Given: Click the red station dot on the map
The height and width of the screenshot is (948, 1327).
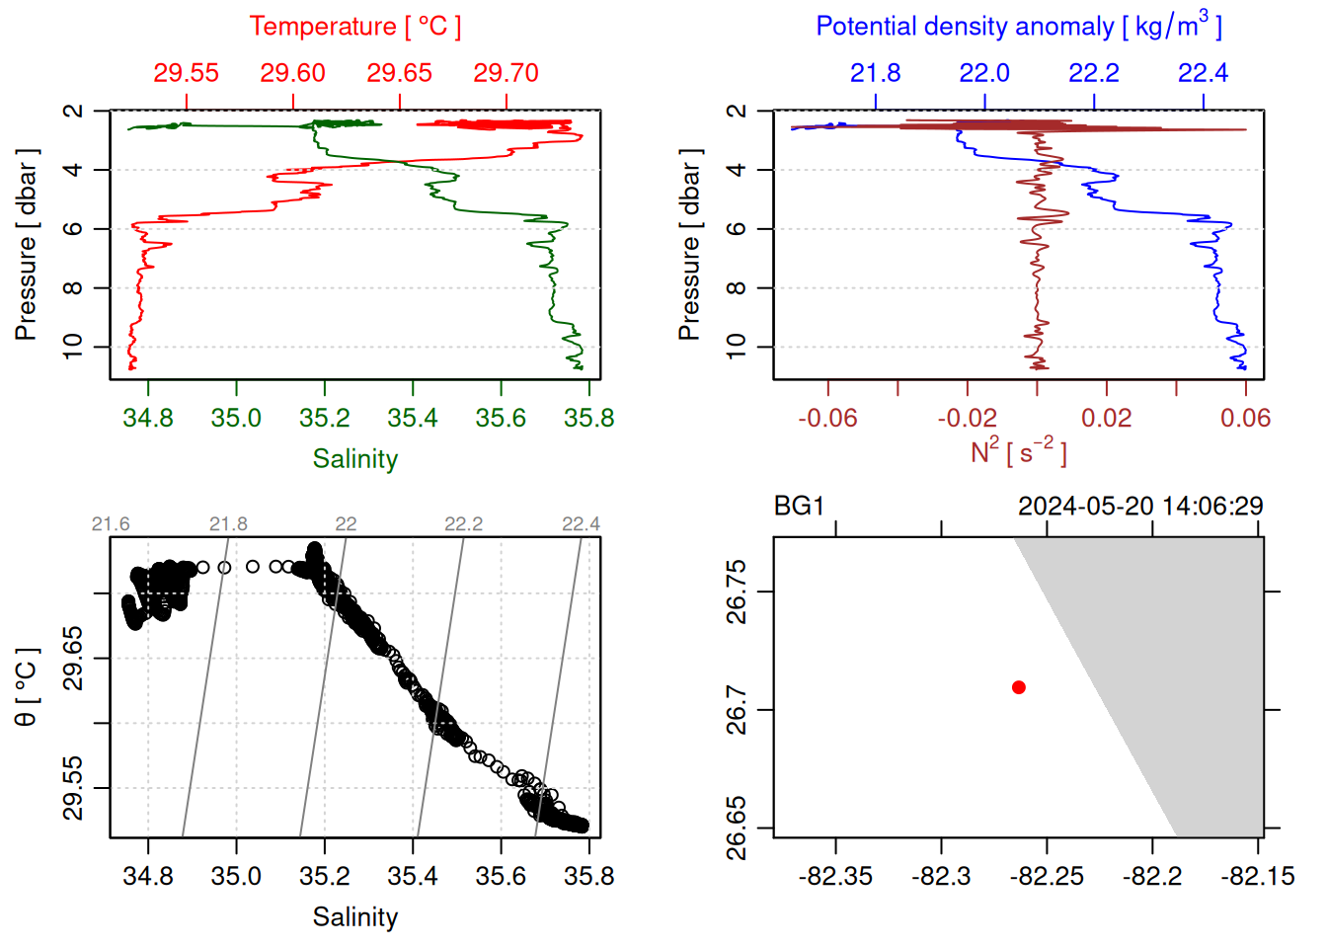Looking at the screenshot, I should point(1018,687).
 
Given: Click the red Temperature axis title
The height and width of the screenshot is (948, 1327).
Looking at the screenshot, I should point(354,27).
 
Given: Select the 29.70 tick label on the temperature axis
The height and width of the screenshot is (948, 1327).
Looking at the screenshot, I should point(506,73).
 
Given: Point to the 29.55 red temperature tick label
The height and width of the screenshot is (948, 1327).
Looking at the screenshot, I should point(186,73).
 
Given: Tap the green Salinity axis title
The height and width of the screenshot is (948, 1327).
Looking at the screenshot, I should point(354,459).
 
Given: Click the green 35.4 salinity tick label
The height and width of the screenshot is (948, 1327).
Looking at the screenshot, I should point(413,419).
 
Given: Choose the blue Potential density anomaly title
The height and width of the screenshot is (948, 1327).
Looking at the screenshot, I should point(1018,27).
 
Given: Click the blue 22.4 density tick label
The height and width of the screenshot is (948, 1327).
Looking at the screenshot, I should point(1203,73).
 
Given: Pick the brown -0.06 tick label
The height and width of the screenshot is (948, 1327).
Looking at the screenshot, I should point(827,419).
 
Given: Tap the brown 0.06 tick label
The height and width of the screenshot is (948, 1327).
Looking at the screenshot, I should point(1245,419).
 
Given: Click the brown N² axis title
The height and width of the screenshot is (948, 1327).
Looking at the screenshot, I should point(1018,452).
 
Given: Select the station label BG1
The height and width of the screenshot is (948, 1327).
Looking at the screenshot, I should point(799,507).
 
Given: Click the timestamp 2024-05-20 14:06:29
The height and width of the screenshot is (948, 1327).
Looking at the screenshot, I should point(1140,507).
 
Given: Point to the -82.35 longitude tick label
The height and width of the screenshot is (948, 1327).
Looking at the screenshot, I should point(835,877).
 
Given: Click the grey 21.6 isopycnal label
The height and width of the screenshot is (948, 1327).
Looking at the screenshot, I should point(111,524).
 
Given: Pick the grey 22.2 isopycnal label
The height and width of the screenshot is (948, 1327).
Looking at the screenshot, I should point(463,524).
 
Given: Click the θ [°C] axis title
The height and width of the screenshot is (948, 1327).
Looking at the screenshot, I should point(27,687).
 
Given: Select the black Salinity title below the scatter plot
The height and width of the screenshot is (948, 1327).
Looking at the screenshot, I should point(354,917).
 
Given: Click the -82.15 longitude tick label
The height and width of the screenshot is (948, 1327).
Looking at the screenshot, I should point(1257,877).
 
